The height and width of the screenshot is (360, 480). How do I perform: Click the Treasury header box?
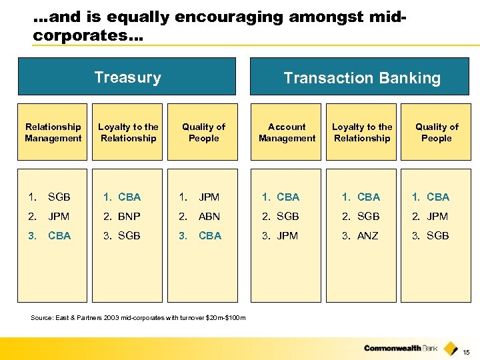pos(127,77)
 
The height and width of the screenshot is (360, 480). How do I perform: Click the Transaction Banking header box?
pos(362,77)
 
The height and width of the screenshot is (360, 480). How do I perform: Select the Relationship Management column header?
pos(53,132)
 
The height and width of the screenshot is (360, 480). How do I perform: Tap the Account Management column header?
pos(287,132)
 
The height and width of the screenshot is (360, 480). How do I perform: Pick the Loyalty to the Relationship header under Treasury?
pos(128,132)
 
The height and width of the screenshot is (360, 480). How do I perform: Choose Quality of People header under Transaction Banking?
pos(437,132)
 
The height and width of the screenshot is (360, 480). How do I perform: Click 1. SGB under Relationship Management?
pos(50,197)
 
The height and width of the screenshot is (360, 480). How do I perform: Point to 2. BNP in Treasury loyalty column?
pos(122,217)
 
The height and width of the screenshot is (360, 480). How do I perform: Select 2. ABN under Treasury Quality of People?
pos(201,217)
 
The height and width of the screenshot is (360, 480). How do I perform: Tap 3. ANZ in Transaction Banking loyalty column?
pos(361,236)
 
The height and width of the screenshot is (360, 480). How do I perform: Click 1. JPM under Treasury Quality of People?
pos(201,197)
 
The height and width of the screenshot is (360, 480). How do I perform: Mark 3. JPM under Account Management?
pos(280,236)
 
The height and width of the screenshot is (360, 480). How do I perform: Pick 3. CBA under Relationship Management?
pos(50,236)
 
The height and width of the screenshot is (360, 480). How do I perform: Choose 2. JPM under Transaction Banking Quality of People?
pos(430,217)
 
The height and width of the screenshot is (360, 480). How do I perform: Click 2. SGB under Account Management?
pos(280,217)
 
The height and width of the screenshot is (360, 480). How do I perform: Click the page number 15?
pos(466,352)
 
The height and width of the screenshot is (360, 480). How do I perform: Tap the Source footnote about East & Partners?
pos(138,317)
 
